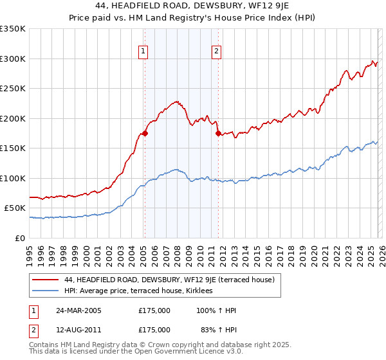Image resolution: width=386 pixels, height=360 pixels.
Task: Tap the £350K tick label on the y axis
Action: click(x=13, y=29)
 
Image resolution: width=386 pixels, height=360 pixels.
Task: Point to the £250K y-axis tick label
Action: click(x=13, y=89)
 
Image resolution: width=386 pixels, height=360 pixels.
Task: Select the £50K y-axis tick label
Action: click(x=15, y=208)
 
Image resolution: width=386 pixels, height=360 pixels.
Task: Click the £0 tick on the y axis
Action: click(x=21, y=238)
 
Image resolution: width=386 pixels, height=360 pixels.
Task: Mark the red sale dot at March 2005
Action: click(x=145, y=134)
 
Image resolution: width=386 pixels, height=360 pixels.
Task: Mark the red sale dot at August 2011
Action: click(x=218, y=134)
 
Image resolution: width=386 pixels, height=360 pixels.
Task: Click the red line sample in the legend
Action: click(x=45, y=280)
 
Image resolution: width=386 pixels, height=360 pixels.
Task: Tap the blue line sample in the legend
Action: click(x=45, y=291)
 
